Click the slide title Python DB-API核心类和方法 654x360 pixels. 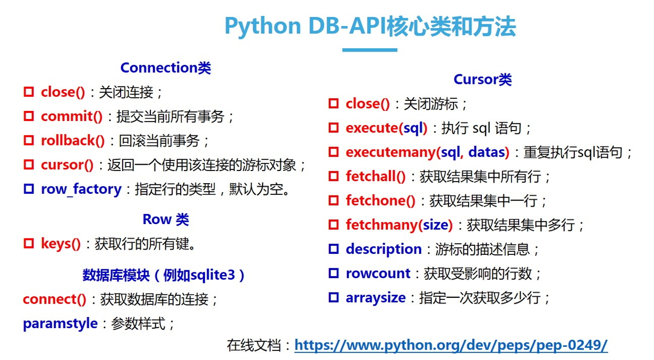pos(370,26)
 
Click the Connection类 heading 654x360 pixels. pos(165,68)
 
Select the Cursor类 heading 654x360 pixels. pos(482,80)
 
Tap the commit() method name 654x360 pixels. pos(72,116)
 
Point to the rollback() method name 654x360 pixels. pos(73,141)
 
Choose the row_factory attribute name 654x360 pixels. pos(81,189)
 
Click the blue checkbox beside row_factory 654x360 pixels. pos(29,188)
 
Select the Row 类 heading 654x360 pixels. pos(165,219)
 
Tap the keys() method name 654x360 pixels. pos(61,244)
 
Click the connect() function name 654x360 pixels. pos(54,299)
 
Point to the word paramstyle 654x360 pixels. pos(60,323)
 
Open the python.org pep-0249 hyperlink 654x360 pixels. pos(451,345)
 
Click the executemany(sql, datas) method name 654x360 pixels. pos(427,152)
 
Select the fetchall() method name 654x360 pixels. pos(375,176)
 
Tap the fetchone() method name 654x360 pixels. pos(380,201)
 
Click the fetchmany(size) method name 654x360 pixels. pos(399,225)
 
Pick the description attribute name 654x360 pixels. pos(383,249)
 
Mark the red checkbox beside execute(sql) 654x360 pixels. pos(333,128)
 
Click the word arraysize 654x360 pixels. pos(375,298)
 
